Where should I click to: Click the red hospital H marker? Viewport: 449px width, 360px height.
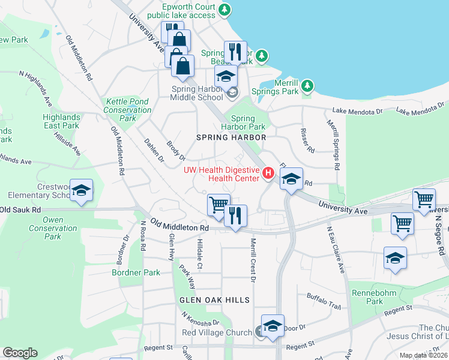(268, 174)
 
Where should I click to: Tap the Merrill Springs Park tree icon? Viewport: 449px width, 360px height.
(308, 86)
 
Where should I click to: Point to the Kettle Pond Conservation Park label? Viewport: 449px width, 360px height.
(127, 110)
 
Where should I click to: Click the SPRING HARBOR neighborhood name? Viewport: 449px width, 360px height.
(231, 137)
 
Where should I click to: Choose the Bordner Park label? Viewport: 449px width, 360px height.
(136, 272)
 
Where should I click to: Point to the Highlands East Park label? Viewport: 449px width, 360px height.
(61, 121)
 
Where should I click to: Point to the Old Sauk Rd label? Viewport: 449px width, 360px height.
(20, 210)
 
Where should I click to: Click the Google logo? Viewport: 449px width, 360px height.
(20, 353)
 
